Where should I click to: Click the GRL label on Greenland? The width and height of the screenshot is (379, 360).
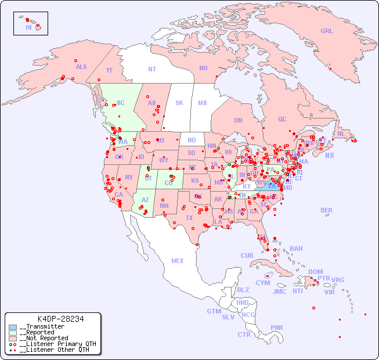pos(327,31)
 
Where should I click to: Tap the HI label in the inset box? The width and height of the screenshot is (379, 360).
pos(28,27)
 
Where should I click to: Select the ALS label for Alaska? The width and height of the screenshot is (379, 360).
pos(81,67)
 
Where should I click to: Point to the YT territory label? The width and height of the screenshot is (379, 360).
pos(109,70)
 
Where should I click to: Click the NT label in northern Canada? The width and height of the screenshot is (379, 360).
pos(152,69)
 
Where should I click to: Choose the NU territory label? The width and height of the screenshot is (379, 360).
pos(203,68)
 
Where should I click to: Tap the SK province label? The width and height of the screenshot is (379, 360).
pos(179,103)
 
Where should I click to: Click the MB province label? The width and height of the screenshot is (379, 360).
pos(203,103)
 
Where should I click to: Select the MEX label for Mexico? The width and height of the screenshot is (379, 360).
pos(178,261)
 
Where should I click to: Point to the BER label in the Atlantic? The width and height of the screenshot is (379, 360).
pos(327,210)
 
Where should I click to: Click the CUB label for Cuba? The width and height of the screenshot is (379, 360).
pos(247,255)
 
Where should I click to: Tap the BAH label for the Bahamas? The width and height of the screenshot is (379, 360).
pos(296,249)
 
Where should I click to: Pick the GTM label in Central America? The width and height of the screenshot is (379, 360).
pos(214,311)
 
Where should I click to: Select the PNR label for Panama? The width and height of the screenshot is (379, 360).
pos(277,327)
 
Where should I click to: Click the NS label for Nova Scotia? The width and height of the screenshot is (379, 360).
pos(330,156)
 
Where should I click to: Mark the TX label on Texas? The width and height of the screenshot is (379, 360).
pos(189,218)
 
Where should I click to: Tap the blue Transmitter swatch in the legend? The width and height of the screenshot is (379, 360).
pos(13,327)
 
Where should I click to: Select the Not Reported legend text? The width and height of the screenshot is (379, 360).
pos(44,338)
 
